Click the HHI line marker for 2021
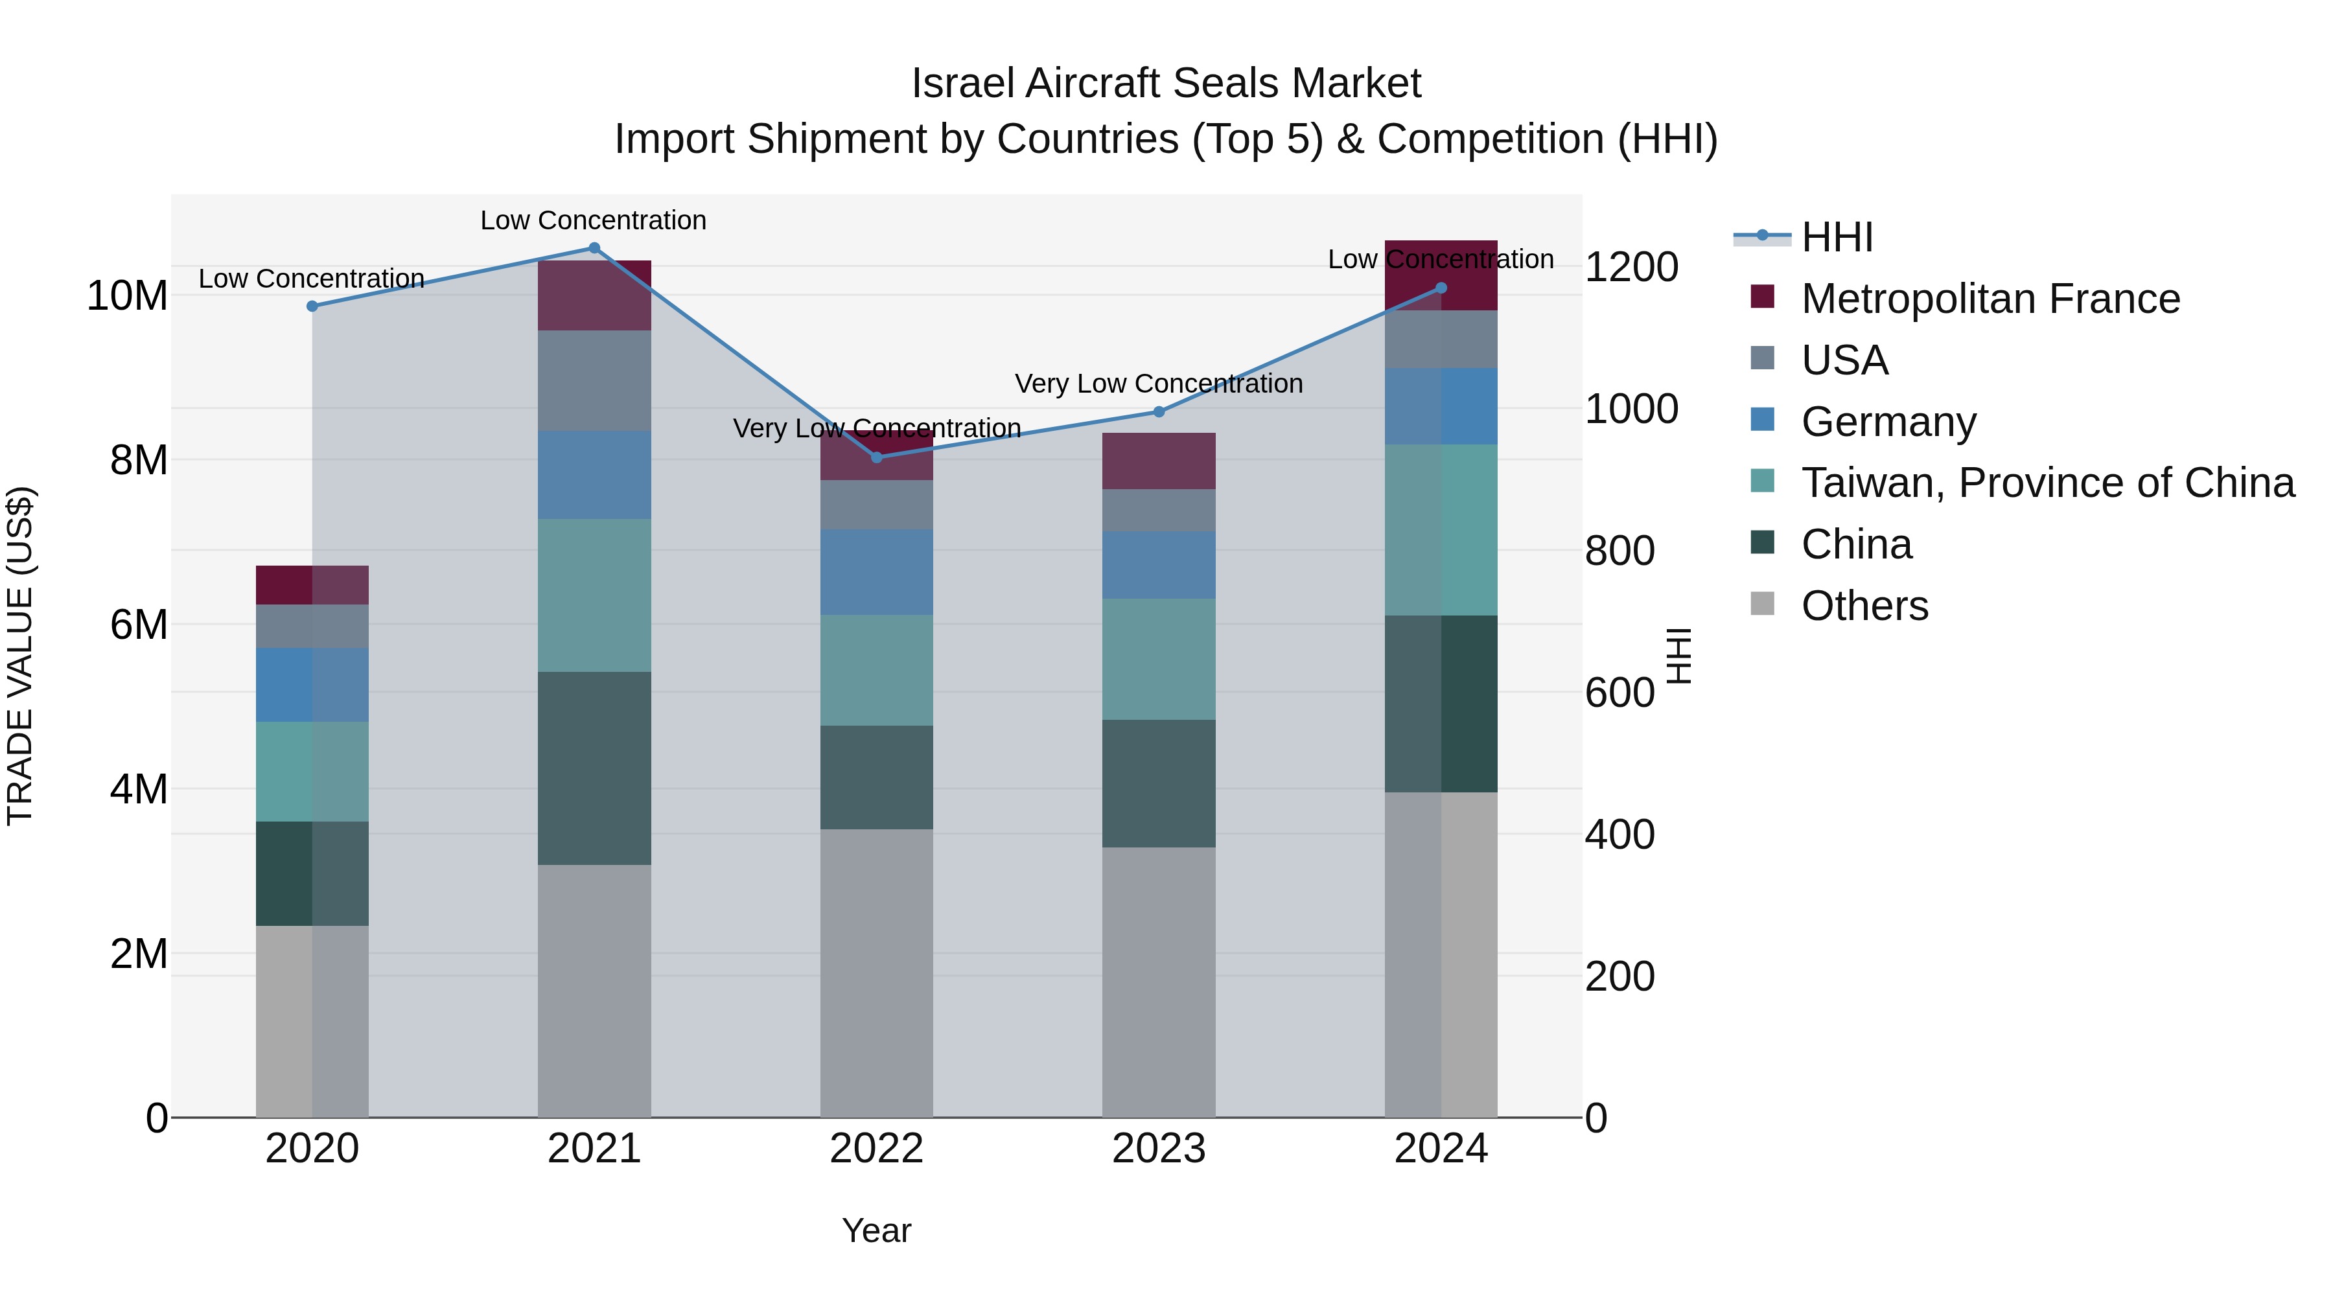594,248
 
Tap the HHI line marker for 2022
876,457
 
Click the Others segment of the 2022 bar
876,972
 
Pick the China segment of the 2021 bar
594,768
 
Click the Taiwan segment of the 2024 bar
1441,530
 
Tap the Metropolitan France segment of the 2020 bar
312,585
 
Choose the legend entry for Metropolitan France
1990,299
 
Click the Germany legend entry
1888,422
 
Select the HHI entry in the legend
1836,237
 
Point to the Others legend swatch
1763,604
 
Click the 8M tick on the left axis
139,460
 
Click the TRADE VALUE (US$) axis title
20,656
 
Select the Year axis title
876,1230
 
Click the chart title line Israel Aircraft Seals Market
1166,84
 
